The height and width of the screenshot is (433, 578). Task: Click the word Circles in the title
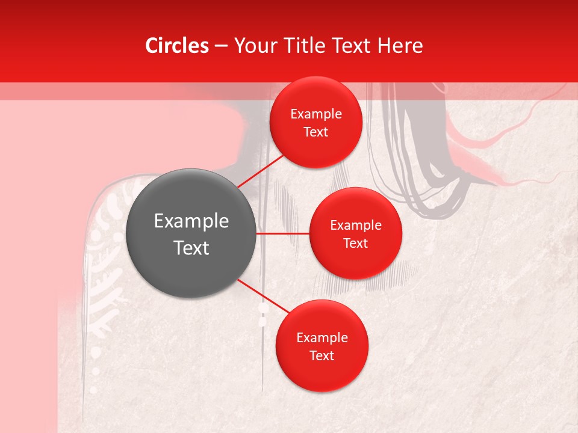point(176,46)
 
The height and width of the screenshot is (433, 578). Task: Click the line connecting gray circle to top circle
point(260,171)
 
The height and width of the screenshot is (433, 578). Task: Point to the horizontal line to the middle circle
point(283,233)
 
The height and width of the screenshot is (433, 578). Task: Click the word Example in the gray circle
point(191,221)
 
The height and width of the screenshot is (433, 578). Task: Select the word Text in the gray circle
point(191,248)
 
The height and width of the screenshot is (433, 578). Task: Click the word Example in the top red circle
point(316,114)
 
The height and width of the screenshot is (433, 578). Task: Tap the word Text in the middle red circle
point(355,244)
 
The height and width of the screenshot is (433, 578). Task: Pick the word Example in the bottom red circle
point(322,338)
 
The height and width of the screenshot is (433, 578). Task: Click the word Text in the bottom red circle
point(322,356)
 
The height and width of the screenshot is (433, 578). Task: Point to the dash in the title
point(221,46)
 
